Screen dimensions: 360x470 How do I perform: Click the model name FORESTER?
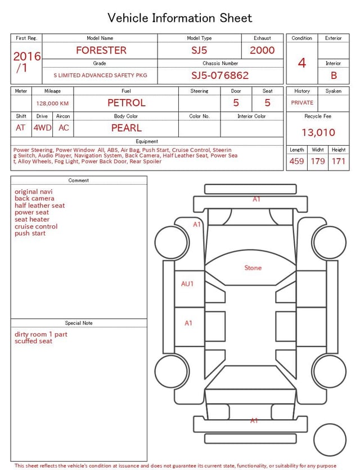coord(101,50)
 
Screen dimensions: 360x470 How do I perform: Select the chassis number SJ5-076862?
coord(220,75)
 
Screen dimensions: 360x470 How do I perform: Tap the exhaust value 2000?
coord(262,50)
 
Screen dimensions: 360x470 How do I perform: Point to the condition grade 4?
coord(302,63)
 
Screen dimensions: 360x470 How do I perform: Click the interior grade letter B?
coord(334,75)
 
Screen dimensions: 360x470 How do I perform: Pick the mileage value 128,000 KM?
coord(52,104)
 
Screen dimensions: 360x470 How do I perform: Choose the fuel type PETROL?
coord(127,103)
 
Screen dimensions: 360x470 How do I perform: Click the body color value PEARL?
coord(127,128)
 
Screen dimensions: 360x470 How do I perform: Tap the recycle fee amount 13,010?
coord(318,132)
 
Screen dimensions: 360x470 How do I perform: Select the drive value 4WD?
coord(42,128)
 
